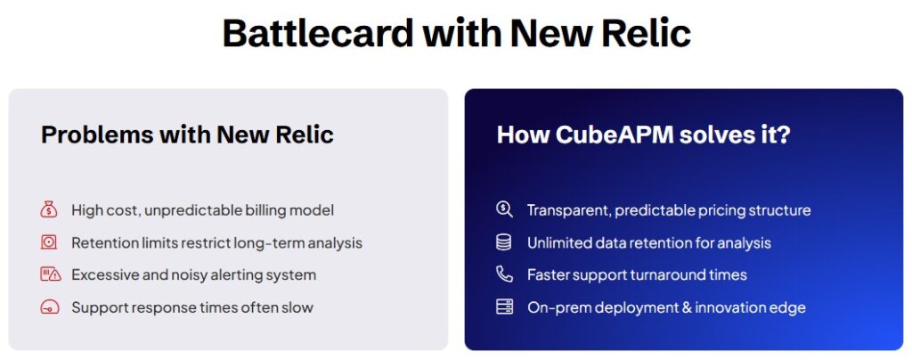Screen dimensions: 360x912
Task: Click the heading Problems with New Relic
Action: (187, 135)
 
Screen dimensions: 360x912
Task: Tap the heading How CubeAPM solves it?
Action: (643, 135)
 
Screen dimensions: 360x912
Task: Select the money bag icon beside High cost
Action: (49, 210)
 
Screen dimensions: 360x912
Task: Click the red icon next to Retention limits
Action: (49, 242)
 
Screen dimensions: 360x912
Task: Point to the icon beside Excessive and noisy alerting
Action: (49, 274)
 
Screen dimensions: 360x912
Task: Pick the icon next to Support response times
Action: (49, 307)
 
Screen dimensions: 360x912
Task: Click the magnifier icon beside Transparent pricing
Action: (504, 210)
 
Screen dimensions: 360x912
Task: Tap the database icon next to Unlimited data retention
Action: (504, 242)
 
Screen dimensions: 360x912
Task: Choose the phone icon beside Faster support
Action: (504, 274)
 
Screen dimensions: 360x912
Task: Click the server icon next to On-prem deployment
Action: (504, 307)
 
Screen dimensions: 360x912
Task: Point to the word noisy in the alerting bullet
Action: (204, 274)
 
